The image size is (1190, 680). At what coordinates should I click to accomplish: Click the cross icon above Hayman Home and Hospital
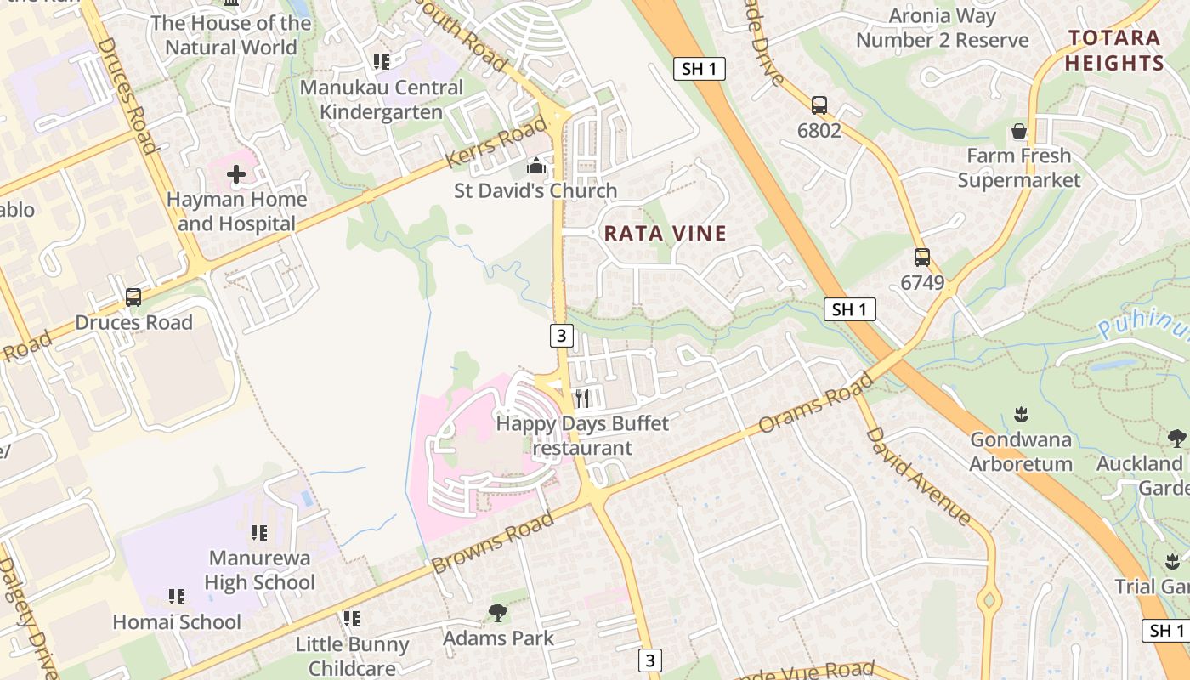[x=236, y=175]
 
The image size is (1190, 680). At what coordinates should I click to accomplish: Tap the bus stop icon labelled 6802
[x=819, y=105]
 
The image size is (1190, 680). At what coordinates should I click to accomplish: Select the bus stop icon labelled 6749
[x=922, y=258]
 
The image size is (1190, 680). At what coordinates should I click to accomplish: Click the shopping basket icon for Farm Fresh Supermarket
[x=1018, y=132]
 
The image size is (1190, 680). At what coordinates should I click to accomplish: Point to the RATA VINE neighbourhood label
[x=666, y=234]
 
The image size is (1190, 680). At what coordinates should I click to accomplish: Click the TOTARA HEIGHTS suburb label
[x=1114, y=50]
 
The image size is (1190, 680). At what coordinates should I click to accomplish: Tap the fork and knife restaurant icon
[x=582, y=398]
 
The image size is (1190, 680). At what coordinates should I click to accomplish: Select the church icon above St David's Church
[x=535, y=165]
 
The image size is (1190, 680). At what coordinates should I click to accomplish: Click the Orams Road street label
[x=814, y=402]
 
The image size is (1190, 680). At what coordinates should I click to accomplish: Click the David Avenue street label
[x=918, y=476]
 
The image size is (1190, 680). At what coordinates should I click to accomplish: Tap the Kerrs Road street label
[x=497, y=143]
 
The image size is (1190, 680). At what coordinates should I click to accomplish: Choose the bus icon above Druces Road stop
[x=133, y=297]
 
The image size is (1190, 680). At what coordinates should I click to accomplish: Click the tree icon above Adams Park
[x=498, y=613]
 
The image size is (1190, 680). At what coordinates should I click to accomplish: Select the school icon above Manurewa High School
[x=259, y=533]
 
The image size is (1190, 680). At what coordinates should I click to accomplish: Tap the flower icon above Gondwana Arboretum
[x=1021, y=415]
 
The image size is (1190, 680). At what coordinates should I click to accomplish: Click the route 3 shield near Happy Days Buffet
[x=560, y=336]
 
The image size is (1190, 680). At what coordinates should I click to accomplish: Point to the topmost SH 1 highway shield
[x=699, y=69]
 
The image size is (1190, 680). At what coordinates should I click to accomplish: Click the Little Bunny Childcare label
[x=352, y=656]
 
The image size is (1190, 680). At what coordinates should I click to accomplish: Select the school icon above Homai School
[x=177, y=597]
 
